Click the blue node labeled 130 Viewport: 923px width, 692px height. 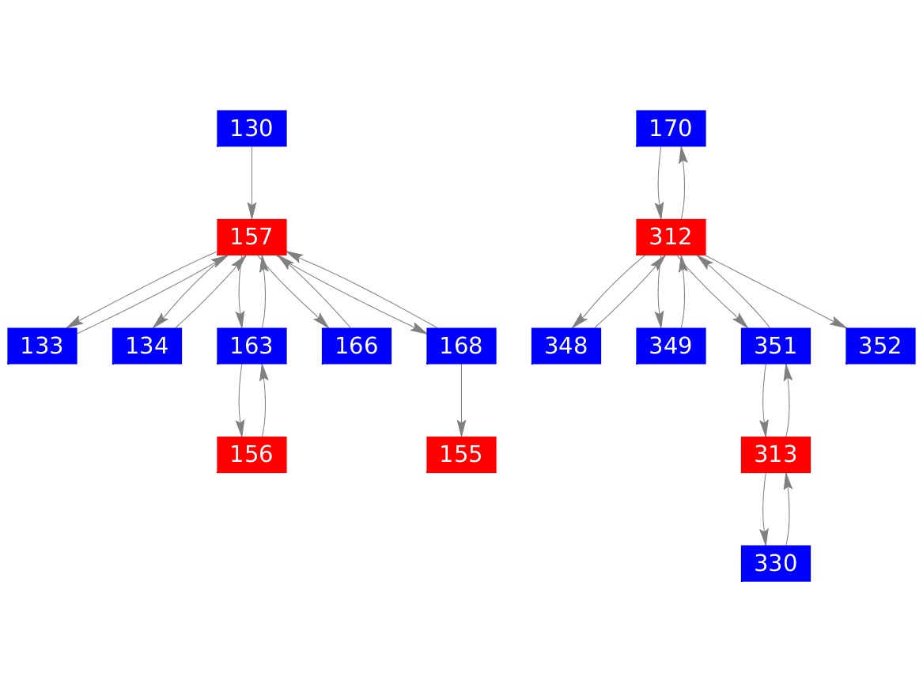252,128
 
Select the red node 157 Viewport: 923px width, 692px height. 252,237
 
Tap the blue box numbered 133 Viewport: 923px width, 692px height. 43,346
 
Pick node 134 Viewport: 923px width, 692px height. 147,346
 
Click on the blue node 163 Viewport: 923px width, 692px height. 252,346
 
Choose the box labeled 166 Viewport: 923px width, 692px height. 357,346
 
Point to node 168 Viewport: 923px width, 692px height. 462,346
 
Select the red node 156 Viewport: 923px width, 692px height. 252,454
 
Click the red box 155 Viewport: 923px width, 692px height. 462,454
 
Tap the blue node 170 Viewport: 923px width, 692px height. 671,128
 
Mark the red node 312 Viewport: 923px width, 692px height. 671,237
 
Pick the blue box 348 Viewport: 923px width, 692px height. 566,346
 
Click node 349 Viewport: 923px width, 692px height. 671,346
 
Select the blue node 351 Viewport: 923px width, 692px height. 776,346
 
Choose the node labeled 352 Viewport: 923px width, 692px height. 880,346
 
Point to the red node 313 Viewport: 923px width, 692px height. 776,454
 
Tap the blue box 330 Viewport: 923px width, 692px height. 776,563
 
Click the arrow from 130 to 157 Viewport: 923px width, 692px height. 252,183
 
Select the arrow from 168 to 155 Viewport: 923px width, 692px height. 462,400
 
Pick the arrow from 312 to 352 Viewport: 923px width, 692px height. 776,291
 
